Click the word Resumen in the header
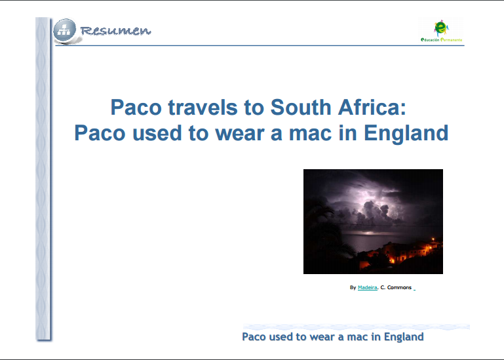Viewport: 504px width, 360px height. [115, 31]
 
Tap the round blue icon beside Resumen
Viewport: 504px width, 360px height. [65, 31]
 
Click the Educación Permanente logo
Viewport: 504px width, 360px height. [441, 31]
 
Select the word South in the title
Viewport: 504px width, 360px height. [301, 107]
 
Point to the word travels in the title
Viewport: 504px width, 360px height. [203, 107]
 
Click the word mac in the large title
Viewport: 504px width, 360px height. [310, 133]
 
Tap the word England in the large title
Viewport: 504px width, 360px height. [406, 133]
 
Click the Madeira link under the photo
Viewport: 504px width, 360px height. [368, 287]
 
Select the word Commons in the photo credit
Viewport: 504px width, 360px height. [399, 287]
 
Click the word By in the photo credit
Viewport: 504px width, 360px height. [353, 287]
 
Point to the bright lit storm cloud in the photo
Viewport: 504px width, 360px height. [373, 206]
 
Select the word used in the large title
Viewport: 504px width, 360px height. [157, 133]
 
